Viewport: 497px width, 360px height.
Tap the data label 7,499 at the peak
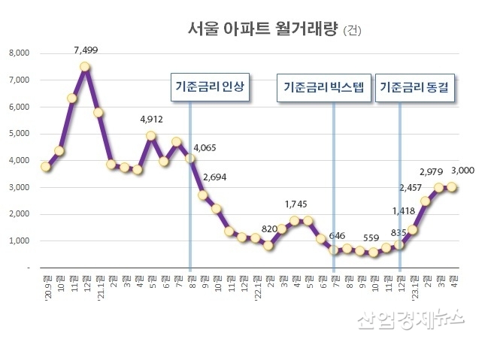(x=86, y=50)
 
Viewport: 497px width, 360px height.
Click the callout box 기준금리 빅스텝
(x=324, y=87)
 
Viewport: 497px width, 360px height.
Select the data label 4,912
(x=152, y=119)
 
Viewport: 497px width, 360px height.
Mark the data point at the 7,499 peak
(x=85, y=66)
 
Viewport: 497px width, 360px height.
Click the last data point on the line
(x=453, y=187)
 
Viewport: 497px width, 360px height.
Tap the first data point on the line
(x=46, y=166)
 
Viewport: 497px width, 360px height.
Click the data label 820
(x=268, y=229)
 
